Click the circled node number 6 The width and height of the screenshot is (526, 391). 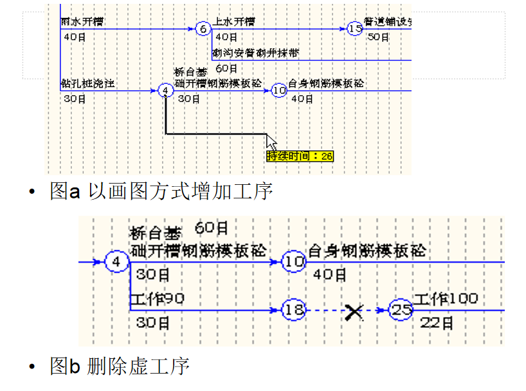coord(202,29)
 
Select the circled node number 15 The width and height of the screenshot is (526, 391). coord(355,29)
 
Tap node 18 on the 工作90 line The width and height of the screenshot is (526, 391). coord(294,310)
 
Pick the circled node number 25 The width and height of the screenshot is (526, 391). coord(402,310)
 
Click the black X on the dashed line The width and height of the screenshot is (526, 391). coord(354,312)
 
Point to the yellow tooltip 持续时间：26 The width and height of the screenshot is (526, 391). coord(300,156)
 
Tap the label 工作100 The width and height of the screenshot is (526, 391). coord(445,299)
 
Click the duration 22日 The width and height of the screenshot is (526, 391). coord(437,323)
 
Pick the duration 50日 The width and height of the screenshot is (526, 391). coord(378,37)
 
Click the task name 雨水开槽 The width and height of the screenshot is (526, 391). coord(82,22)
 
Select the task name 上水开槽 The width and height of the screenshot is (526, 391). coord(235,22)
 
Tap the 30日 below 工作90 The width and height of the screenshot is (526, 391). coord(153,323)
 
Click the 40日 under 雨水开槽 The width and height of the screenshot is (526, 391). coord(75,37)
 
